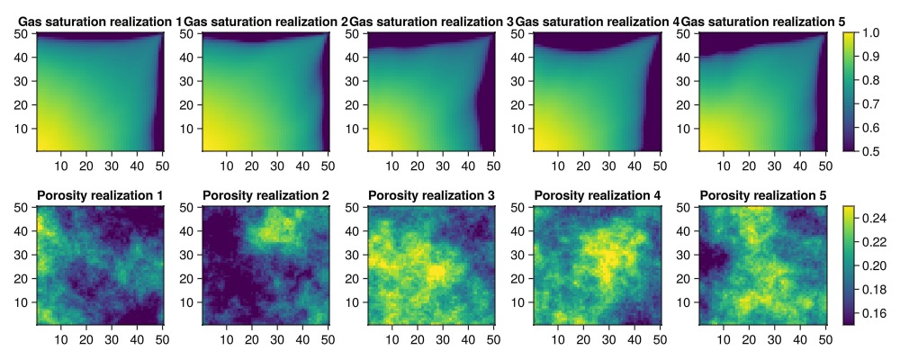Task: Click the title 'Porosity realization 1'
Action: [100, 195]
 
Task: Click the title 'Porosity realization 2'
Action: [265, 195]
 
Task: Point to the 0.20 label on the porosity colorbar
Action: [876, 265]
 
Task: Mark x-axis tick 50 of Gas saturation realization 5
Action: [824, 166]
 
